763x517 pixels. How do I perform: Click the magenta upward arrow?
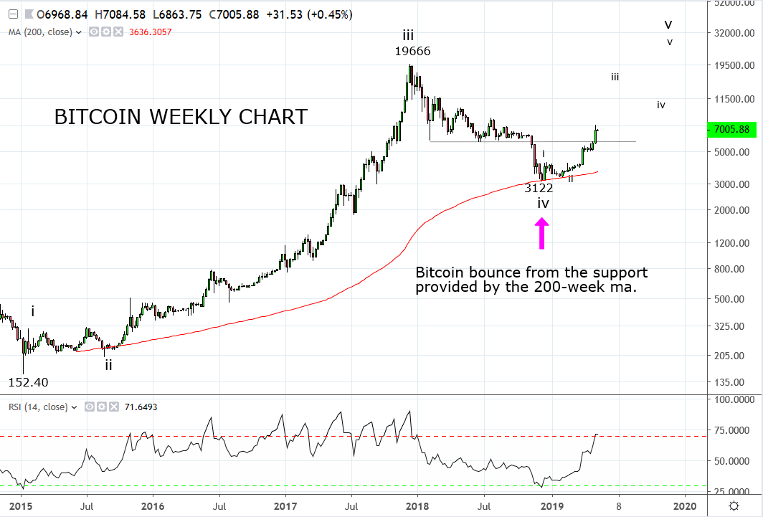point(541,233)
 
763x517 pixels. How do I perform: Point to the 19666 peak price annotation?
point(412,51)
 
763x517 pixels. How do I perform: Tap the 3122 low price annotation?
point(539,188)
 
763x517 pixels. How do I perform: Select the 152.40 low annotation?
point(28,382)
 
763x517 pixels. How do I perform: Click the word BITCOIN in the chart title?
point(98,117)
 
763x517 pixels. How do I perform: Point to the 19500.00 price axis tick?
point(734,65)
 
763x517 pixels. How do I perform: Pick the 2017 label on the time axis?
point(285,506)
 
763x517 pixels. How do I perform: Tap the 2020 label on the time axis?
point(685,506)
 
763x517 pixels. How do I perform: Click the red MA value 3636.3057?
point(151,32)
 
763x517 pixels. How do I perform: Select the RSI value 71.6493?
point(141,407)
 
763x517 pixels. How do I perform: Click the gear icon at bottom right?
point(734,506)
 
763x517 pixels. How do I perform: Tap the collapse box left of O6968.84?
point(13,14)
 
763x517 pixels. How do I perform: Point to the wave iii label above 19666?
point(408,35)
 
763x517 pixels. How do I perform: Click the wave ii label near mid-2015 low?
point(108,364)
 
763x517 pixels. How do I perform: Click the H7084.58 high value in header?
point(120,14)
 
